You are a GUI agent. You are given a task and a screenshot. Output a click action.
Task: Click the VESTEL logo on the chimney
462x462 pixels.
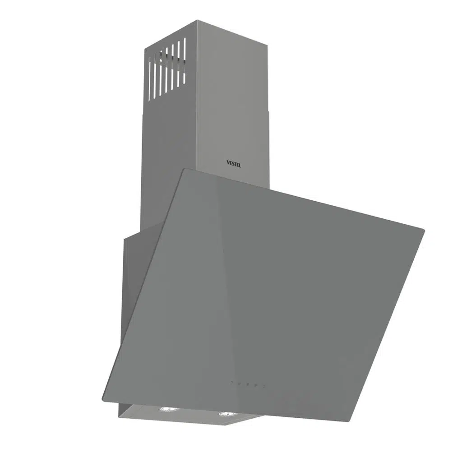coord(234,163)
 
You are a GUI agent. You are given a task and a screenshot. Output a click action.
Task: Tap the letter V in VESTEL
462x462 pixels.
coord(228,162)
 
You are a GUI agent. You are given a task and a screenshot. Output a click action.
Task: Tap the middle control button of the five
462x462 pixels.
coord(248,384)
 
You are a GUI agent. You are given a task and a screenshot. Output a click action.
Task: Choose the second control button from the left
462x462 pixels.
coord(240,384)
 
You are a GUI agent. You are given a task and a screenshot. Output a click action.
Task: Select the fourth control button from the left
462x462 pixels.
coord(256,385)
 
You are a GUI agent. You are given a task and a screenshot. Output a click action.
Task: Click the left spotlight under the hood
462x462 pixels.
coord(167,409)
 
